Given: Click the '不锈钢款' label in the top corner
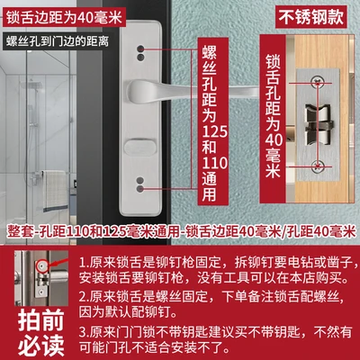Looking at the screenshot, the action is (311, 17).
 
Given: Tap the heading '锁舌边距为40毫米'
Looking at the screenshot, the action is (64, 18).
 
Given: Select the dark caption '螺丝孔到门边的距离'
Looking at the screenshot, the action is (58, 41).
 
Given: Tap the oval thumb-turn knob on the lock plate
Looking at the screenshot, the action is (140, 147).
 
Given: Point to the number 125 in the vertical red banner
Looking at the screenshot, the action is (215, 131).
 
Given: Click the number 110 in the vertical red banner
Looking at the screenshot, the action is (215, 163).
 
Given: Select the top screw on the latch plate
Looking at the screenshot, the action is (316, 82).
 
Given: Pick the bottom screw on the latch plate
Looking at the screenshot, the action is (316, 166).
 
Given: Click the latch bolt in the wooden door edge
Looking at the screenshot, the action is (319, 124).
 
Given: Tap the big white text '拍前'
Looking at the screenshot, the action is (41, 320).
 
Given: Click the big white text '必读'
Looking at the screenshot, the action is (41, 346).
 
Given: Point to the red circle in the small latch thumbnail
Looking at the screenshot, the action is (40, 265).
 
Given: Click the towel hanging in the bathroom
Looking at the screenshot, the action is (54, 191).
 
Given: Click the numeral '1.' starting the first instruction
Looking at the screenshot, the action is (85, 263).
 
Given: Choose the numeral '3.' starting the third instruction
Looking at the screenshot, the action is (85, 332).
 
